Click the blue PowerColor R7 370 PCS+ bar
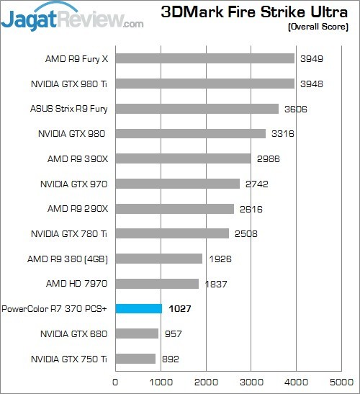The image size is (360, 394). point(139,308)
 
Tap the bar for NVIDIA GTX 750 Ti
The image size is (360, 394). point(135,358)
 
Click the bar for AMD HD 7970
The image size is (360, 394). point(157,284)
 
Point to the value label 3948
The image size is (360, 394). point(311,84)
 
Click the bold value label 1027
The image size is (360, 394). point(181,308)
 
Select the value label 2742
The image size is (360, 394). point(256,184)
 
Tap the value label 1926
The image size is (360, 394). point(220,259)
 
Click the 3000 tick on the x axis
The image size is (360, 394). point(252,382)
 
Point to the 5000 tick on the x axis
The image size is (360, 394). point(343,382)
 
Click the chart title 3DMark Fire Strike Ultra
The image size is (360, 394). point(255,12)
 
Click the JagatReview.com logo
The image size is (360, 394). point(72,17)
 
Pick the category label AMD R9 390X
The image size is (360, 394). point(78,158)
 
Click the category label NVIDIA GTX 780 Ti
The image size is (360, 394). point(69,233)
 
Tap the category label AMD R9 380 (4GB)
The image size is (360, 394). point(68,259)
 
